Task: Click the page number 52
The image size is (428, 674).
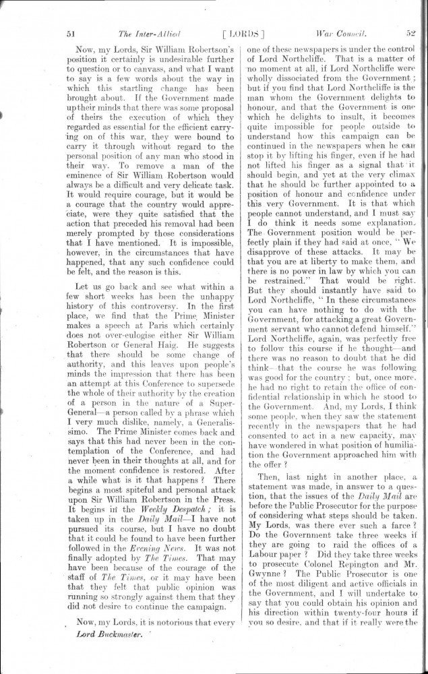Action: coord(410,32)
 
